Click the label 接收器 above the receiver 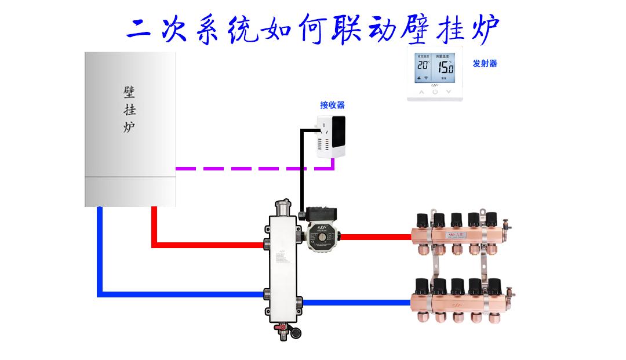[x=332, y=105]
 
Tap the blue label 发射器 [x=485, y=64]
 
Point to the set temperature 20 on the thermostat [x=423, y=66]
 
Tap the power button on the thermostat [x=435, y=92]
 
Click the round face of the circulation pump [x=320, y=237]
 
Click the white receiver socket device [x=331, y=136]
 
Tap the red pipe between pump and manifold [x=377, y=237]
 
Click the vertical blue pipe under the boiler [x=100, y=249]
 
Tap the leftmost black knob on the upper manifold [x=422, y=219]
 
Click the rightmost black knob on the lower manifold [x=494, y=285]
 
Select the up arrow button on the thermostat [x=421, y=92]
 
